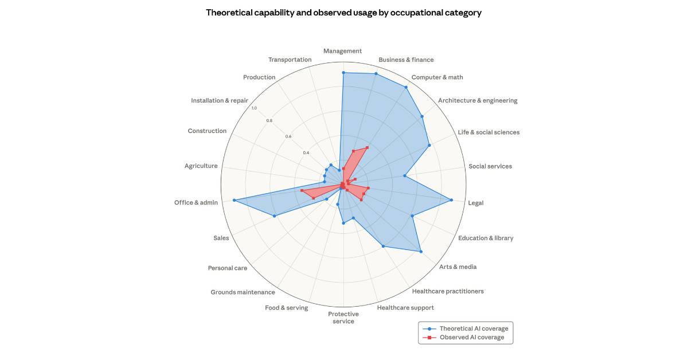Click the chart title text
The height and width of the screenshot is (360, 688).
coord(343,13)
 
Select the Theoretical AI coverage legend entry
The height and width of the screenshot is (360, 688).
coord(474,328)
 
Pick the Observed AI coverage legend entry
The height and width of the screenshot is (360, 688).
coord(471,338)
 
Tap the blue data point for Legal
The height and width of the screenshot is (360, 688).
coord(452,200)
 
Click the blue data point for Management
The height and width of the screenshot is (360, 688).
coord(343,73)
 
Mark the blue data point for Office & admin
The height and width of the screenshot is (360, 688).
coord(234,200)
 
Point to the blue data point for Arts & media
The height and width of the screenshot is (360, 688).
coord(421,252)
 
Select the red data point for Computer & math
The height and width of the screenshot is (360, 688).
coord(367,147)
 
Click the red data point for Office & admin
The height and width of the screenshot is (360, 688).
coord(302,190)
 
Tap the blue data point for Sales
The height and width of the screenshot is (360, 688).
coord(274,216)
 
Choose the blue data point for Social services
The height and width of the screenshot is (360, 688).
coord(405,176)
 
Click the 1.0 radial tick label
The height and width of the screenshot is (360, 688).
coord(254,108)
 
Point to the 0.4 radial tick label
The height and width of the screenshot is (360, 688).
coord(306,152)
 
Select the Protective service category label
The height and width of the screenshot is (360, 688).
coord(343,318)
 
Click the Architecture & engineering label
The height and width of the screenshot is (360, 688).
coord(478,101)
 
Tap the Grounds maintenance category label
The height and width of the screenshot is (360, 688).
coord(243,292)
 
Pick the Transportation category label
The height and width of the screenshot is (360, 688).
coord(290,60)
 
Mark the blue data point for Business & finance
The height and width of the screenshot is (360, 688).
coord(376,73)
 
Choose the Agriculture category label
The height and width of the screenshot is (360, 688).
coord(201,166)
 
